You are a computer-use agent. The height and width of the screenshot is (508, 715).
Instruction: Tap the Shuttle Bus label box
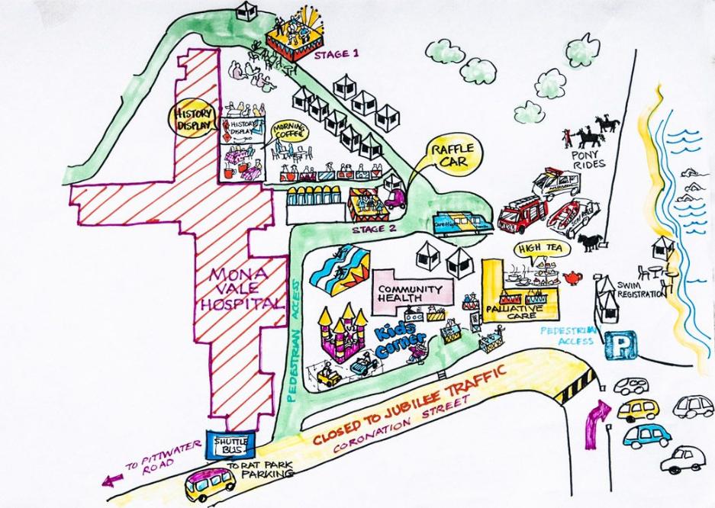click(x=231, y=445)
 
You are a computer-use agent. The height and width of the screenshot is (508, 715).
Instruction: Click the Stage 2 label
click(x=373, y=228)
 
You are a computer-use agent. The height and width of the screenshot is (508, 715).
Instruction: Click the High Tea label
click(x=535, y=249)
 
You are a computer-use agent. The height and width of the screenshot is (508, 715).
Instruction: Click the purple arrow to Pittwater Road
click(x=112, y=481)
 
